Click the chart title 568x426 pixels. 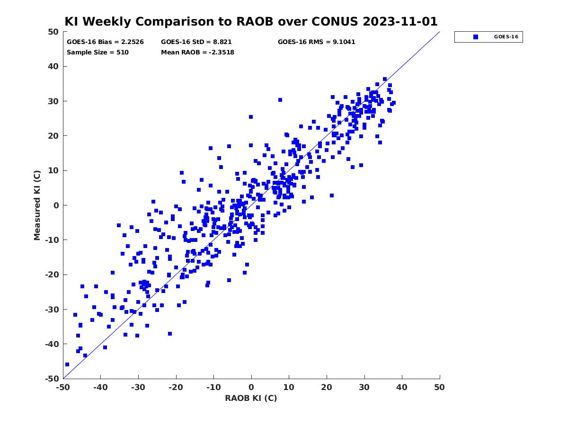point(251,21)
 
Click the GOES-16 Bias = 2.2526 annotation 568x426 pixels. point(105,42)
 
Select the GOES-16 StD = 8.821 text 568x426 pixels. point(196,42)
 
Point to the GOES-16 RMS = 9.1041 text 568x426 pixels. point(316,42)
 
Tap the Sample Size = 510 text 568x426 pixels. point(98,52)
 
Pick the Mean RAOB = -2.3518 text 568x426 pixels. point(197,52)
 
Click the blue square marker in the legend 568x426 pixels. point(476,37)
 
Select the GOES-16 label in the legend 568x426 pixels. point(506,37)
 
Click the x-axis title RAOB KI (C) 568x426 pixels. point(251,398)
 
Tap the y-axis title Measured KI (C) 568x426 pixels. point(37,205)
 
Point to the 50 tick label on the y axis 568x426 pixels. point(53,32)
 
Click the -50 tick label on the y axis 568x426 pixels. point(52,379)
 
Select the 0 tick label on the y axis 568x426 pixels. point(56,205)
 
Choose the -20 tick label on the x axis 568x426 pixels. point(176,387)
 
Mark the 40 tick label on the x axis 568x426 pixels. point(402,387)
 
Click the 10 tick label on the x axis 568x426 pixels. point(289,387)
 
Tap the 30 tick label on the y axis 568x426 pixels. point(53,101)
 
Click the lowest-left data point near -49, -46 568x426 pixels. point(67,364)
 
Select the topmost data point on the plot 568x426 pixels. point(385,79)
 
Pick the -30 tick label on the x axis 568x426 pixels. point(138,387)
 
